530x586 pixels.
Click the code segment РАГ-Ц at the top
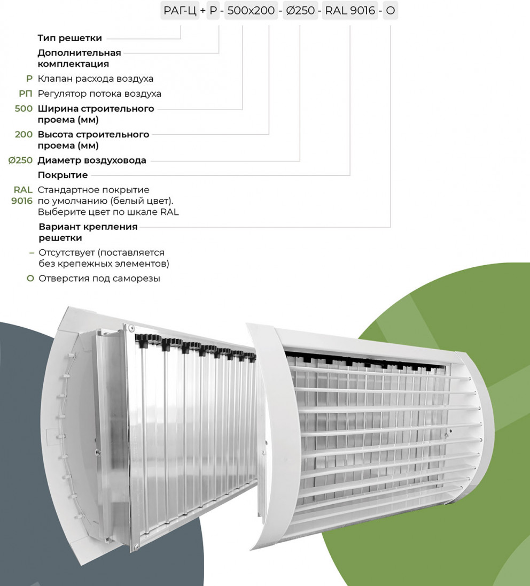pyautogui.click(x=180, y=11)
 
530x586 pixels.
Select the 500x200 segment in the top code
pyautogui.click(x=251, y=11)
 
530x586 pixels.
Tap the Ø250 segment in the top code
pyautogui.click(x=300, y=11)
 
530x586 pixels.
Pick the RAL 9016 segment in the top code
pyautogui.click(x=350, y=11)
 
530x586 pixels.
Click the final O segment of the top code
pyautogui.click(x=391, y=11)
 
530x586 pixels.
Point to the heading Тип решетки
pyautogui.click(x=70, y=38)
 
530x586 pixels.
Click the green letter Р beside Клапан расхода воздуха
pyautogui.click(x=29, y=79)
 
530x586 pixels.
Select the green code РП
pyautogui.click(x=26, y=94)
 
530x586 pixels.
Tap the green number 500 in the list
pyautogui.click(x=24, y=109)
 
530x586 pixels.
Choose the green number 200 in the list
pyautogui.click(x=24, y=135)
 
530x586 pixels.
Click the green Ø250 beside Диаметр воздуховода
pyautogui.click(x=20, y=160)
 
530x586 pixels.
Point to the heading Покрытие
pyautogui.click(x=63, y=175)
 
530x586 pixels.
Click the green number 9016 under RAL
pyautogui.click(x=22, y=201)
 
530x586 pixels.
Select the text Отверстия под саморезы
pyautogui.click(x=99, y=279)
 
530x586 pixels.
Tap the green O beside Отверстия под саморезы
pyautogui.click(x=30, y=279)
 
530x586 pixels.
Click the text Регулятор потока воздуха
pyautogui.click(x=99, y=94)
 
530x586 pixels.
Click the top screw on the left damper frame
pyautogui.click(x=130, y=327)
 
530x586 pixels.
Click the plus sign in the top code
pyautogui.click(x=203, y=11)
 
